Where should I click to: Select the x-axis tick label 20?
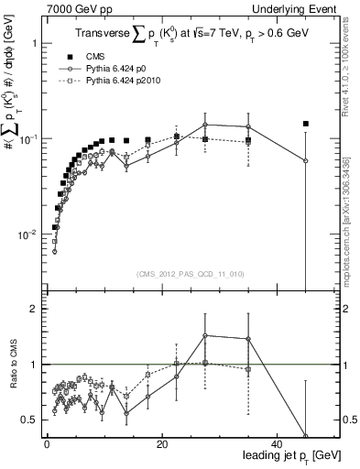[x=161, y=444]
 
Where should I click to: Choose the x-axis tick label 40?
[x=277, y=444]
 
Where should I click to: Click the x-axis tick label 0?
[x=47, y=444]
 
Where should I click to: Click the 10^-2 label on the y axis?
[x=27, y=234]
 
